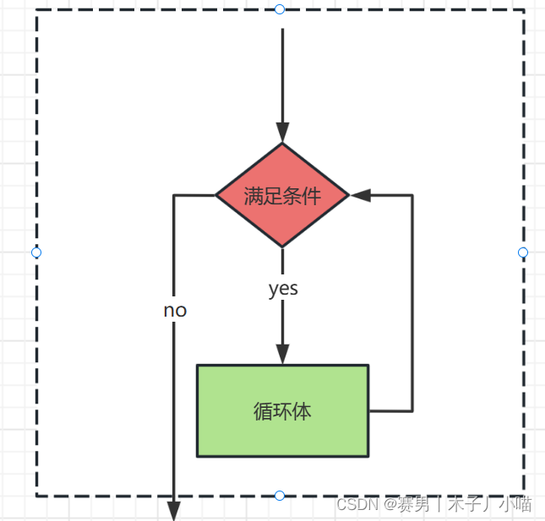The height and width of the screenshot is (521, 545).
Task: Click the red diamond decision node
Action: coord(282,195)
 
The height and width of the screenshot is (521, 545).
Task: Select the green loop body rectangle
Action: coord(282,410)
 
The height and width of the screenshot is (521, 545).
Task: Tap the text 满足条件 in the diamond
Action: coord(282,196)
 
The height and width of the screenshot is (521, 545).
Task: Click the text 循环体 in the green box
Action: coord(282,411)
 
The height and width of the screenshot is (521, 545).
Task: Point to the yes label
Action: coord(283,289)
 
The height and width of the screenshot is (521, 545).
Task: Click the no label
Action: coord(175,311)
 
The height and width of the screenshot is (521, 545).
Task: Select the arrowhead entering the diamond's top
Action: coord(282,133)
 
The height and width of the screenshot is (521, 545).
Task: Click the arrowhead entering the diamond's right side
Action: coord(361,195)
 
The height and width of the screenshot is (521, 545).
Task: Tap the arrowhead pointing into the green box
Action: coord(282,354)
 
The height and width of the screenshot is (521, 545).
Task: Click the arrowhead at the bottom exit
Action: coord(174,511)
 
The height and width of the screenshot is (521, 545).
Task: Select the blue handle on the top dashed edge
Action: coord(280,9)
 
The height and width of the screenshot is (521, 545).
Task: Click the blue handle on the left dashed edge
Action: coord(36,252)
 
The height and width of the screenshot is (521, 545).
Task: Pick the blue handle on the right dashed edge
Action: coord(522,252)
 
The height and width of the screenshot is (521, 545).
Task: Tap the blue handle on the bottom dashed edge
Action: coord(280,495)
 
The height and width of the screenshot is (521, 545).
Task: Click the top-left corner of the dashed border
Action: coord(37,10)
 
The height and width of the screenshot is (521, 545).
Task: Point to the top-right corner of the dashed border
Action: coord(523,10)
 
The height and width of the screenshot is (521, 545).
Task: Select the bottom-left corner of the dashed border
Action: coord(37,495)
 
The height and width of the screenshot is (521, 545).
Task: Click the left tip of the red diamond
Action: coord(217,195)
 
